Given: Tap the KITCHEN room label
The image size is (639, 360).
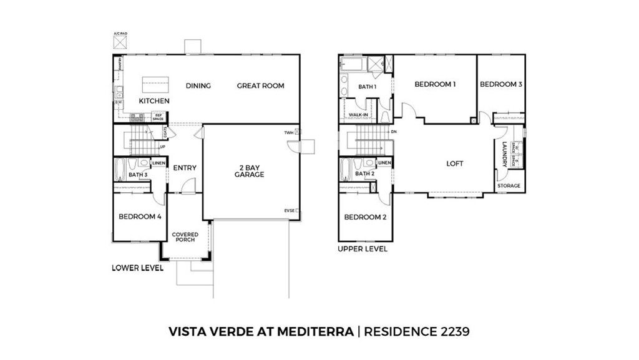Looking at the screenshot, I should pyautogui.click(x=154, y=101).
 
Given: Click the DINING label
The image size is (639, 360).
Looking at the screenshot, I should pyautogui.click(x=198, y=86).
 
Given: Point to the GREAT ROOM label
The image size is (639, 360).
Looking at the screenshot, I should pyautogui.click(x=260, y=86).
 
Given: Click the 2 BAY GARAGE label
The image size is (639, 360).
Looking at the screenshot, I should pyautogui.click(x=249, y=170).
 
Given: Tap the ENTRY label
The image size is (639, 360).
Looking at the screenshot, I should pyautogui.click(x=185, y=168).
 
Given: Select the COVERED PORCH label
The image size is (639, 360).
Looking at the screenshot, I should pyautogui.click(x=185, y=237).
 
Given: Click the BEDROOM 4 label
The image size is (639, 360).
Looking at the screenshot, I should pyautogui.click(x=140, y=216).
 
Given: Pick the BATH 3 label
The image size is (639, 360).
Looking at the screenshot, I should pyautogui.click(x=138, y=175).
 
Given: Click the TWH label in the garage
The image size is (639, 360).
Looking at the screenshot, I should pyautogui.click(x=288, y=132).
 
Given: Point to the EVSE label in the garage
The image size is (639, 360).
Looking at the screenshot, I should pyautogui.click(x=289, y=211).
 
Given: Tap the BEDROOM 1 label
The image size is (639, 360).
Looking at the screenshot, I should pyautogui.click(x=436, y=84).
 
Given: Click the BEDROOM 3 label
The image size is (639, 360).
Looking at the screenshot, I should pyautogui.click(x=501, y=84).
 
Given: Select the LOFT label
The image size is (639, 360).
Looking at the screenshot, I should pyautogui.click(x=455, y=163).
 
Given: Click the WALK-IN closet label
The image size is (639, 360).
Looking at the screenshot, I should pyautogui.click(x=358, y=115).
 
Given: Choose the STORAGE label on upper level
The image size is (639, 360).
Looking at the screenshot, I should pyautogui.click(x=509, y=186).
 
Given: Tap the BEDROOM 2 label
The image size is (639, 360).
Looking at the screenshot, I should pyautogui.click(x=365, y=217).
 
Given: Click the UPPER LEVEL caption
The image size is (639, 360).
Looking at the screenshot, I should pyautogui.click(x=363, y=248).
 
